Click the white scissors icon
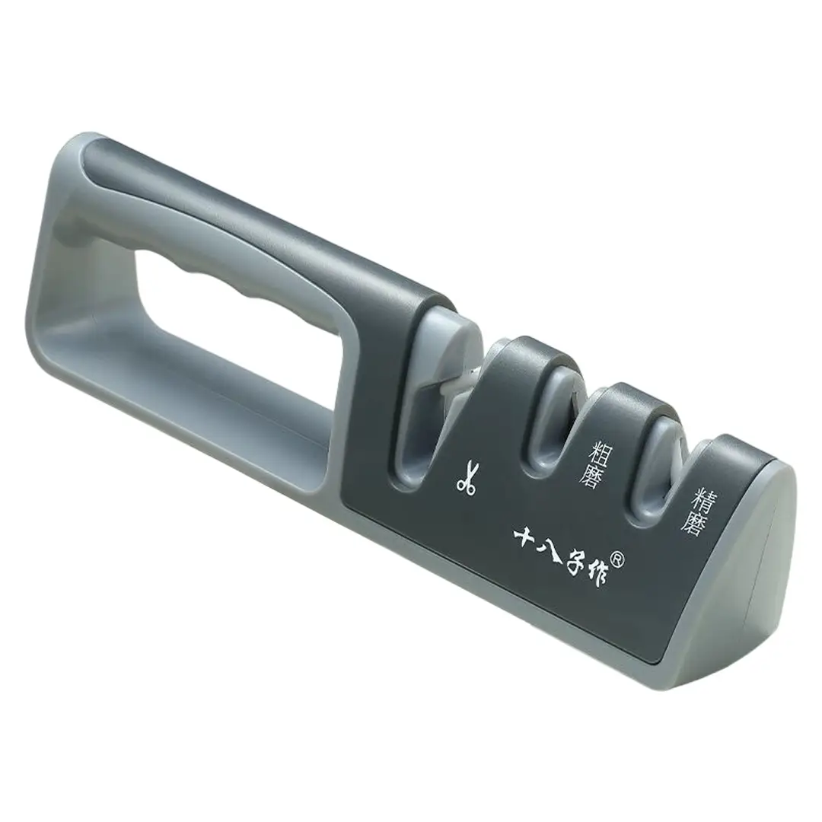pos(466,477)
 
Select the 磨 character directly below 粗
pos(591,476)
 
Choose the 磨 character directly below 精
pos(692,522)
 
